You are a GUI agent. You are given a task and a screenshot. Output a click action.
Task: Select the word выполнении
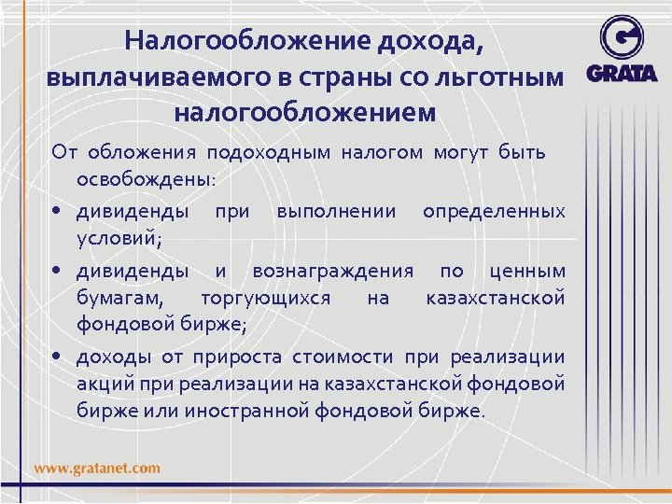(335, 212)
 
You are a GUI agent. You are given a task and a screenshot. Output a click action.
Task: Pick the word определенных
(494, 212)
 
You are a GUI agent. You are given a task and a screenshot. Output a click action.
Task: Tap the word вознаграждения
(333, 272)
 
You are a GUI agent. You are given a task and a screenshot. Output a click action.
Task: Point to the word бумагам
(119, 298)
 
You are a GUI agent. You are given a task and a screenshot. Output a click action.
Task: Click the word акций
(104, 384)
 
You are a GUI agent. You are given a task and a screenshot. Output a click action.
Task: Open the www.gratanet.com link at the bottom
(97, 468)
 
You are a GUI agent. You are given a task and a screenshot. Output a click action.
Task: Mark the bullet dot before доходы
(58, 356)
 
